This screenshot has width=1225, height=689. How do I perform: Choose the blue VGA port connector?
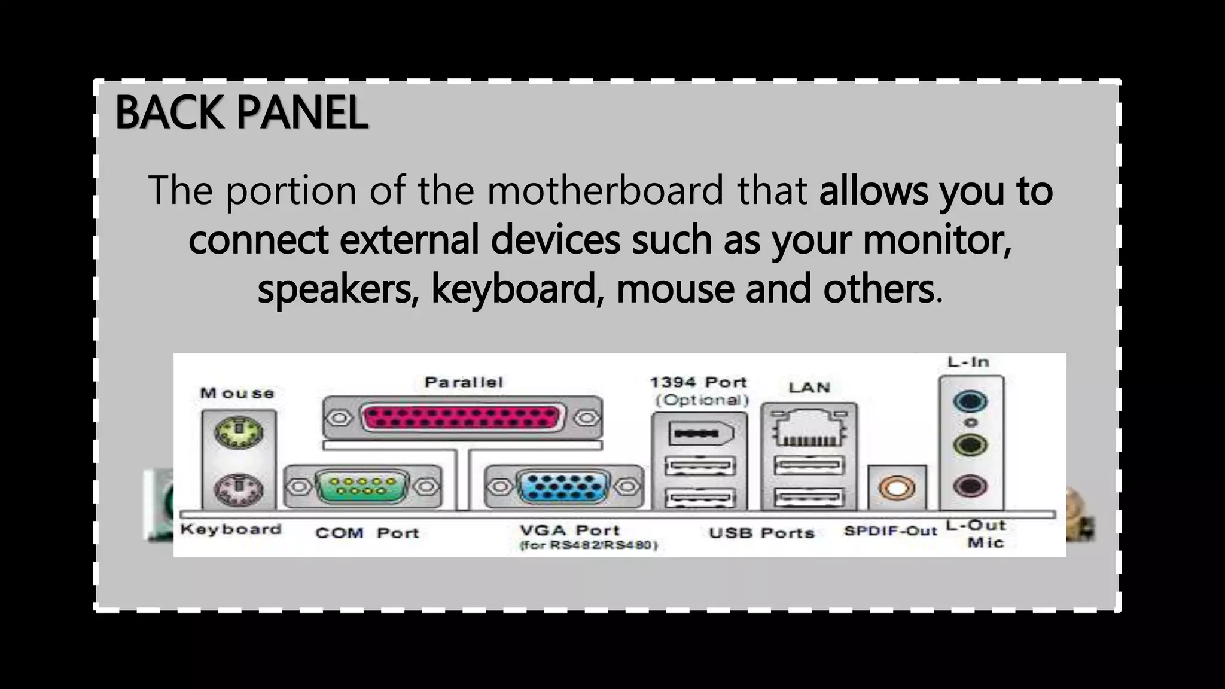pos(563,486)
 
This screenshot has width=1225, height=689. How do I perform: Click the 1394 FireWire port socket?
pos(699,433)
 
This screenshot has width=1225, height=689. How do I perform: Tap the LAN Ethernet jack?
pos(808,428)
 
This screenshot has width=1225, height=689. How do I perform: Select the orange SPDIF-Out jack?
pos(896,487)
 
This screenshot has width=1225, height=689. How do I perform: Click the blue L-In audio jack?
pos(970,401)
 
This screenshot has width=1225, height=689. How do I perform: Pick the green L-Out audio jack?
pos(970,444)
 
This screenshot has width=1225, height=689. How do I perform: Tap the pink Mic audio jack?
pos(970,485)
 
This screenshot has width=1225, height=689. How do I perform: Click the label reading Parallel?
pos(464,382)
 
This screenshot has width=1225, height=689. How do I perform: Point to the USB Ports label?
pos(761,532)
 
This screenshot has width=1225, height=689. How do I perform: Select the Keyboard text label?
pos(231,529)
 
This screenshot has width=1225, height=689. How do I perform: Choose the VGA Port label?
pos(569,530)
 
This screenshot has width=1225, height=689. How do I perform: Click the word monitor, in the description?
pos(937,239)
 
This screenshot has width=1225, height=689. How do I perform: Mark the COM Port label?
pos(367,532)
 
